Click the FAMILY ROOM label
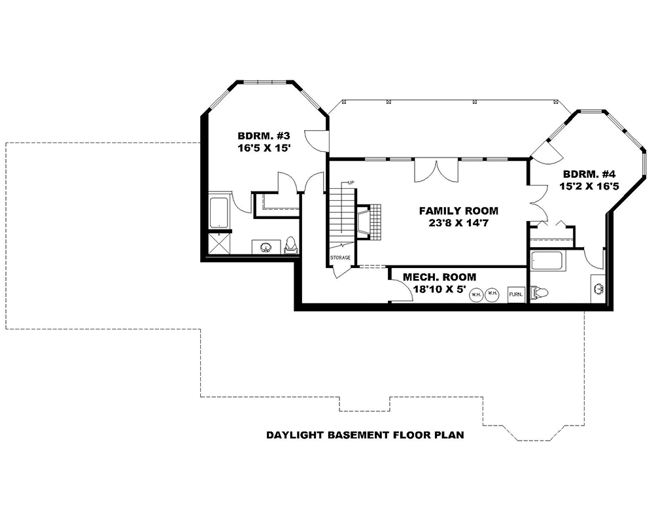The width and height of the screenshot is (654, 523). click(458, 211)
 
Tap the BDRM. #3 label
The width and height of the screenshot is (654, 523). click(264, 136)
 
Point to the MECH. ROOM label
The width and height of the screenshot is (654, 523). click(439, 277)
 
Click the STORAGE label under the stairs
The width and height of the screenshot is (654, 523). click(340, 258)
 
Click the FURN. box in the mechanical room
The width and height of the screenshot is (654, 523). click(516, 294)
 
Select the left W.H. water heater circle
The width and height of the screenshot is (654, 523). click(475, 294)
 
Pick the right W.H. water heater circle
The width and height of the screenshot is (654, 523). click(492, 294)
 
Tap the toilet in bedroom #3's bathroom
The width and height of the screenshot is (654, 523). click(291, 246)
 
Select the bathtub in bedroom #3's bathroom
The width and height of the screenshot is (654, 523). click(218, 211)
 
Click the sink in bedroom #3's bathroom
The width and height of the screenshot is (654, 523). click(266, 247)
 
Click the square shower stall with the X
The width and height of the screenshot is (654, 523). click(218, 243)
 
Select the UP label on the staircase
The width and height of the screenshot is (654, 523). click(351, 182)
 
